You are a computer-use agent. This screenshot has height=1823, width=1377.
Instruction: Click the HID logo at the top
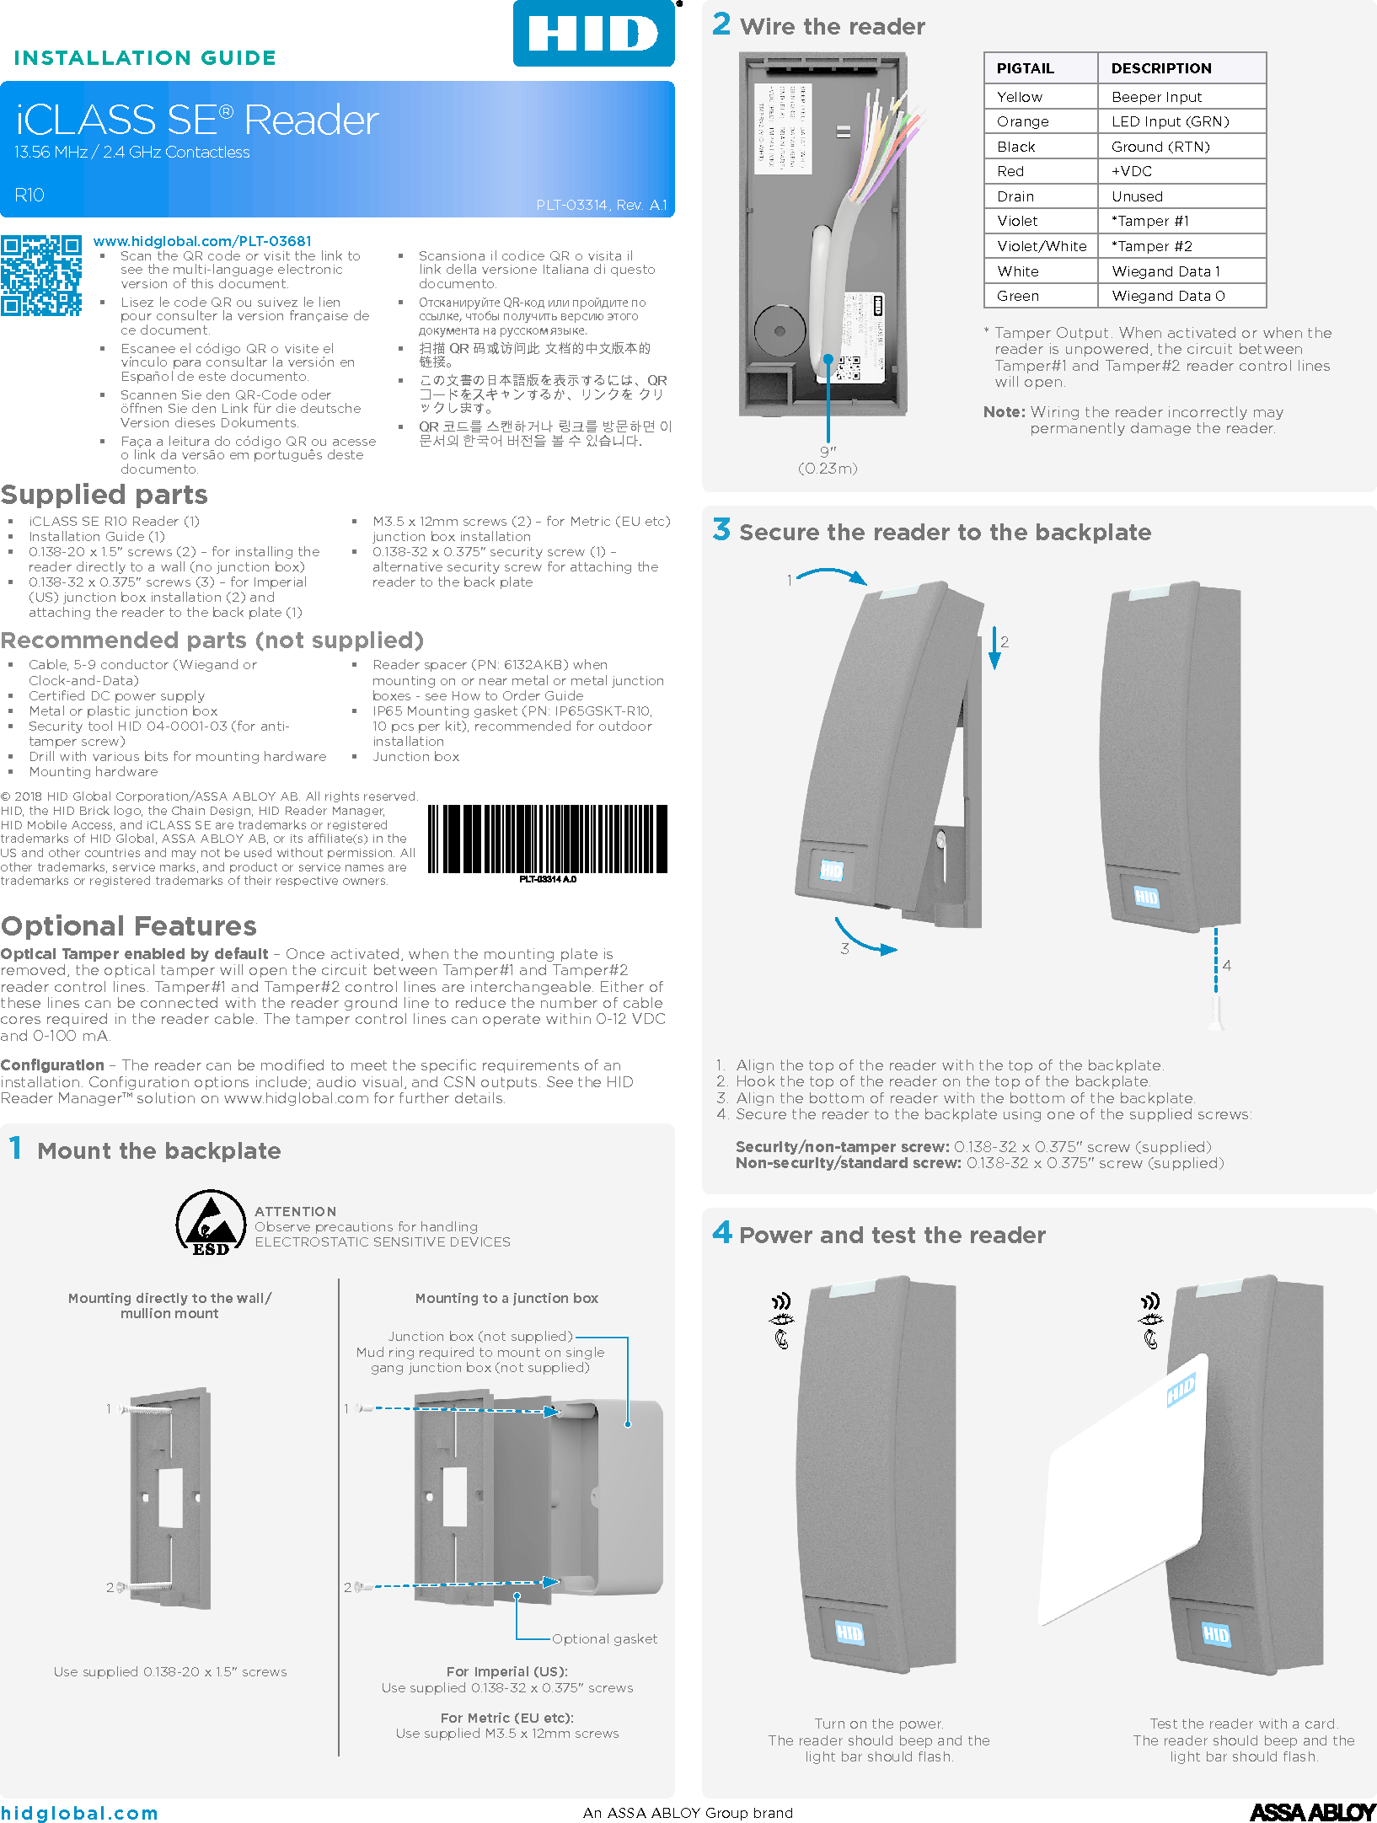point(593,34)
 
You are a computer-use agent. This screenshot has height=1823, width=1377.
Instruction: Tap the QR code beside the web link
point(40,276)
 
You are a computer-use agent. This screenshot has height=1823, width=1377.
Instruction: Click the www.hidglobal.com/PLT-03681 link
point(202,241)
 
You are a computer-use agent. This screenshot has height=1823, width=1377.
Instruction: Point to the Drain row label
point(1015,196)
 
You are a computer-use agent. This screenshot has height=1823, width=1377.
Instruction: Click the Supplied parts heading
point(104,495)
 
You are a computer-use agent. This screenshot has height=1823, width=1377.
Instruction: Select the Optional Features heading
point(129,926)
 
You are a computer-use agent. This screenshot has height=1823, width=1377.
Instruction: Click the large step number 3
point(721,530)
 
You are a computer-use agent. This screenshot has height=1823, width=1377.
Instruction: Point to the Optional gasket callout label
point(604,1638)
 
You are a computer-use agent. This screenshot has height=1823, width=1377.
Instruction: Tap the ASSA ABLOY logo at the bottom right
point(1311,1811)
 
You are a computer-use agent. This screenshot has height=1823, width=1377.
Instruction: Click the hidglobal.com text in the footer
point(79,1813)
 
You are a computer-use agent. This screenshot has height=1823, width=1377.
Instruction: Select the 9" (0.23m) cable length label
point(828,460)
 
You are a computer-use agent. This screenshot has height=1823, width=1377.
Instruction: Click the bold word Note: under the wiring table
point(1004,412)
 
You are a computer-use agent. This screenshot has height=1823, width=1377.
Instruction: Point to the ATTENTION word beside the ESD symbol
point(295,1211)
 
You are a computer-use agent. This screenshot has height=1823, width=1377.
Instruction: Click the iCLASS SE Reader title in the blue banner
point(197,121)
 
